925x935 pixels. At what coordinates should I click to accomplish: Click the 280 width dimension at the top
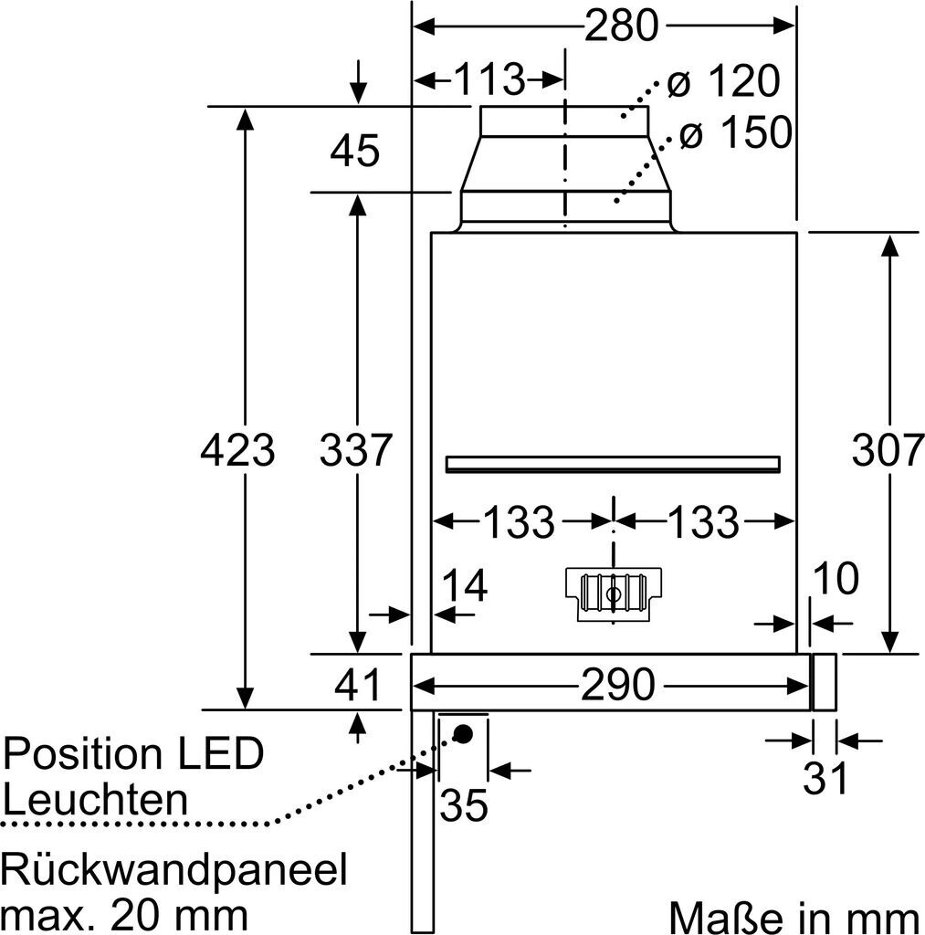point(621,26)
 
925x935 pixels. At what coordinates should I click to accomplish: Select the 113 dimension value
point(489,79)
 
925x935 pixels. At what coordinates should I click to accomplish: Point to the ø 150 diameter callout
point(736,131)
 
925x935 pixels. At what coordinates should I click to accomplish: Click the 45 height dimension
point(354,150)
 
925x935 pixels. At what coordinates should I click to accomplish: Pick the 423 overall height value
point(237,449)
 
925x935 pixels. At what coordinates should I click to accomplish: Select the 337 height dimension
point(356,449)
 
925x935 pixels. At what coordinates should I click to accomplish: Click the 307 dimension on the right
point(888,449)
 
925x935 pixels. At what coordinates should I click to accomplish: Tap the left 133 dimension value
point(519,521)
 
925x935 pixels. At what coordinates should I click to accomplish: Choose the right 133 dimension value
point(703,521)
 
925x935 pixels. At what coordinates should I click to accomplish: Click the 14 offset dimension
point(465,585)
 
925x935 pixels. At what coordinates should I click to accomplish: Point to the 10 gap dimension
point(836,578)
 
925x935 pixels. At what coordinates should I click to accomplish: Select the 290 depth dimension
point(617,685)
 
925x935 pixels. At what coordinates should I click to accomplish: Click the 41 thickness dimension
point(357,685)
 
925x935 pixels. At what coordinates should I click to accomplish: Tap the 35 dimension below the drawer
point(464,805)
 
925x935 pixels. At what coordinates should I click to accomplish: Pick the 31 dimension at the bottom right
point(825,778)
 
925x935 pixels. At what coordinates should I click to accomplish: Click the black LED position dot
point(463,733)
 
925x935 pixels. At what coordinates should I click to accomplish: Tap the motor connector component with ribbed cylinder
point(613,594)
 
